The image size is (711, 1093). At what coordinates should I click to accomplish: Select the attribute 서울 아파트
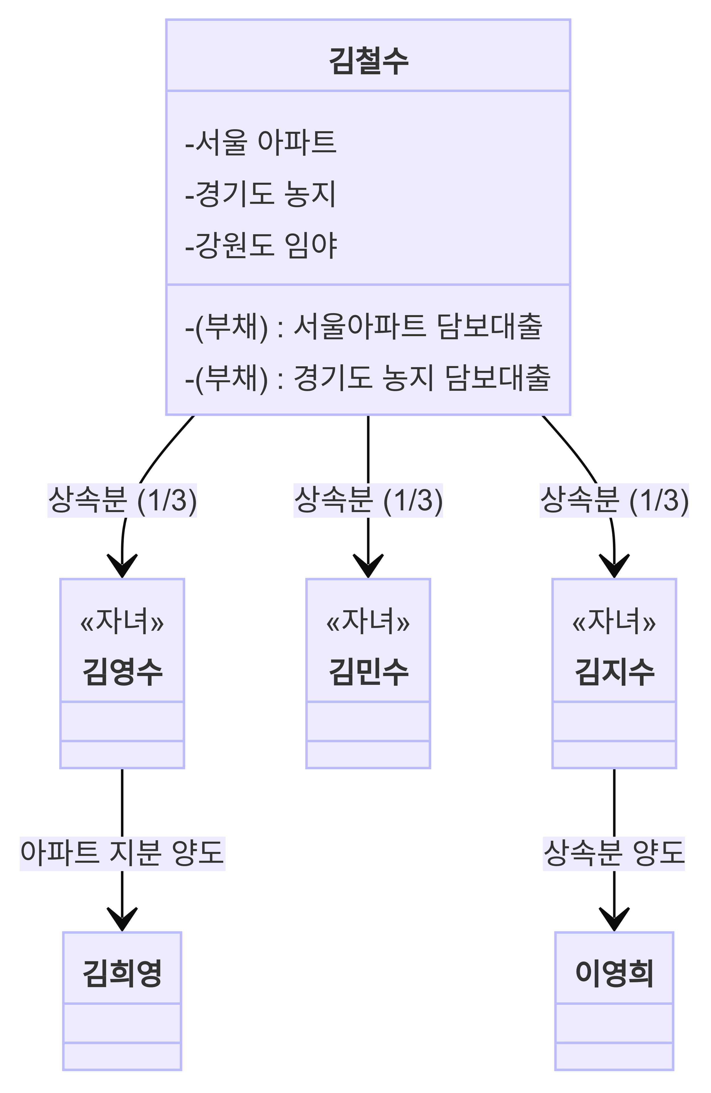[x=261, y=142]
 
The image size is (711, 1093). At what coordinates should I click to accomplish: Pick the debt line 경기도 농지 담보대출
[x=367, y=378]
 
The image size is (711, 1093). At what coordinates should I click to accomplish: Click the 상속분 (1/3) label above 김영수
[x=122, y=500]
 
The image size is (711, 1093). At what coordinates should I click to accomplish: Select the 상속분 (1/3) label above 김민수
[x=368, y=500]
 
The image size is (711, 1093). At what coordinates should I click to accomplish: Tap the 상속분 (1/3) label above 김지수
[x=614, y=500]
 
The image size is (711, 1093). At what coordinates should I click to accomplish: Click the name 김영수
[x=122, y=671]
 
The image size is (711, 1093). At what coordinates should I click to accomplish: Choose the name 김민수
[x=368, y=671]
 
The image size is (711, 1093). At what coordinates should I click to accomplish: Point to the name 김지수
[x=614, y=671]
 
